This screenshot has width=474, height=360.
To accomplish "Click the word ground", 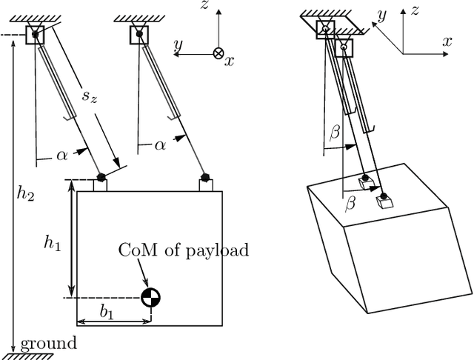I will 48,343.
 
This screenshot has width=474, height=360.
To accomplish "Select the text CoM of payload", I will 184,250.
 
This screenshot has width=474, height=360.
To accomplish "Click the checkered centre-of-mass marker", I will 151,297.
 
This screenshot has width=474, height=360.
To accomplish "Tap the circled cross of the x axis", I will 218,53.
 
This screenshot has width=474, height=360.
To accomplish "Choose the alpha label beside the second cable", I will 159,145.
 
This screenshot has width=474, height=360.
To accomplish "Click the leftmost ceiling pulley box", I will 34,35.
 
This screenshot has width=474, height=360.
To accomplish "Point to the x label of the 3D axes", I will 447,42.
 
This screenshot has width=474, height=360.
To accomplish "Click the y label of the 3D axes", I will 381,14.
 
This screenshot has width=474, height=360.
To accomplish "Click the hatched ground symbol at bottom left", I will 31,354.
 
